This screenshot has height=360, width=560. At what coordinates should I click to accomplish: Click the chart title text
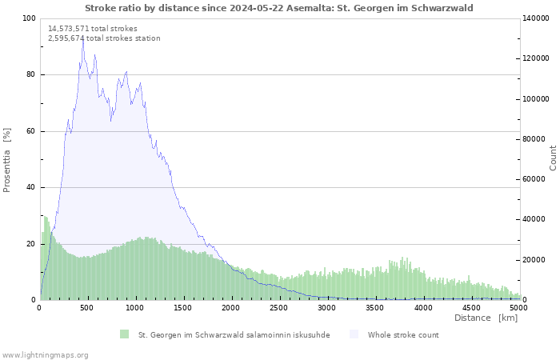(x=278, y=8)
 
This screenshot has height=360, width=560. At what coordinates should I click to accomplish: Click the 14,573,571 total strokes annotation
(x=93, y=29)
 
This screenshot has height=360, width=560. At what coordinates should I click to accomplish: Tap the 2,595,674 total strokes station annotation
(x=104, y=38)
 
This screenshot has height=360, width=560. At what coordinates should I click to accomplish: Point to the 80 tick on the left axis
(x=30, y=75)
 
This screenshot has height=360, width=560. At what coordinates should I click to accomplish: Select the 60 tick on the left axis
(x=30, y=131)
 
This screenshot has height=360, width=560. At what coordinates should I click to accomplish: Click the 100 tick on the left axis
(x=29, y=18)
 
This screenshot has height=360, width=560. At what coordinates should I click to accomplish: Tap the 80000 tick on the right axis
(x=536, y=139)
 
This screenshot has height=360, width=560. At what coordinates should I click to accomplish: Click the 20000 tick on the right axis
(x=536, y=260)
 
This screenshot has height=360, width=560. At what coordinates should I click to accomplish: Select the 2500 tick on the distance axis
(x=279, y=307)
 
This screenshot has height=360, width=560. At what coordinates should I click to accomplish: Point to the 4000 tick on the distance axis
(x=423, y=307)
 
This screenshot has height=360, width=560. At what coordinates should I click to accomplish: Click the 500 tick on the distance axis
(x=88, y=307)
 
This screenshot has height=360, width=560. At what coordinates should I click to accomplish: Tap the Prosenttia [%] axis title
(x=7, y=159)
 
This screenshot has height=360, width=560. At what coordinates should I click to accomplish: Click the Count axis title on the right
(x=553, y=158)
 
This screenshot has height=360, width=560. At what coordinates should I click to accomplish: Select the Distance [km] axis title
(x=486, y=318)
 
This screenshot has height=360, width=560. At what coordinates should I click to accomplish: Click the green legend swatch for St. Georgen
(x=124, y=334)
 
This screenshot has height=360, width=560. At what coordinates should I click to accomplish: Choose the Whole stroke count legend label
(x=403, y=334)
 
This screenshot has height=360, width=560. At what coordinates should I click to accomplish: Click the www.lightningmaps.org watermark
(x=46, y=354)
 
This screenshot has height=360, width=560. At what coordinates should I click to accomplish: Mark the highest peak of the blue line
(x=82, y=38)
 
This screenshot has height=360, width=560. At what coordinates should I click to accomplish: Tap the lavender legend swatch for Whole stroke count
(x=354, y=334)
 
